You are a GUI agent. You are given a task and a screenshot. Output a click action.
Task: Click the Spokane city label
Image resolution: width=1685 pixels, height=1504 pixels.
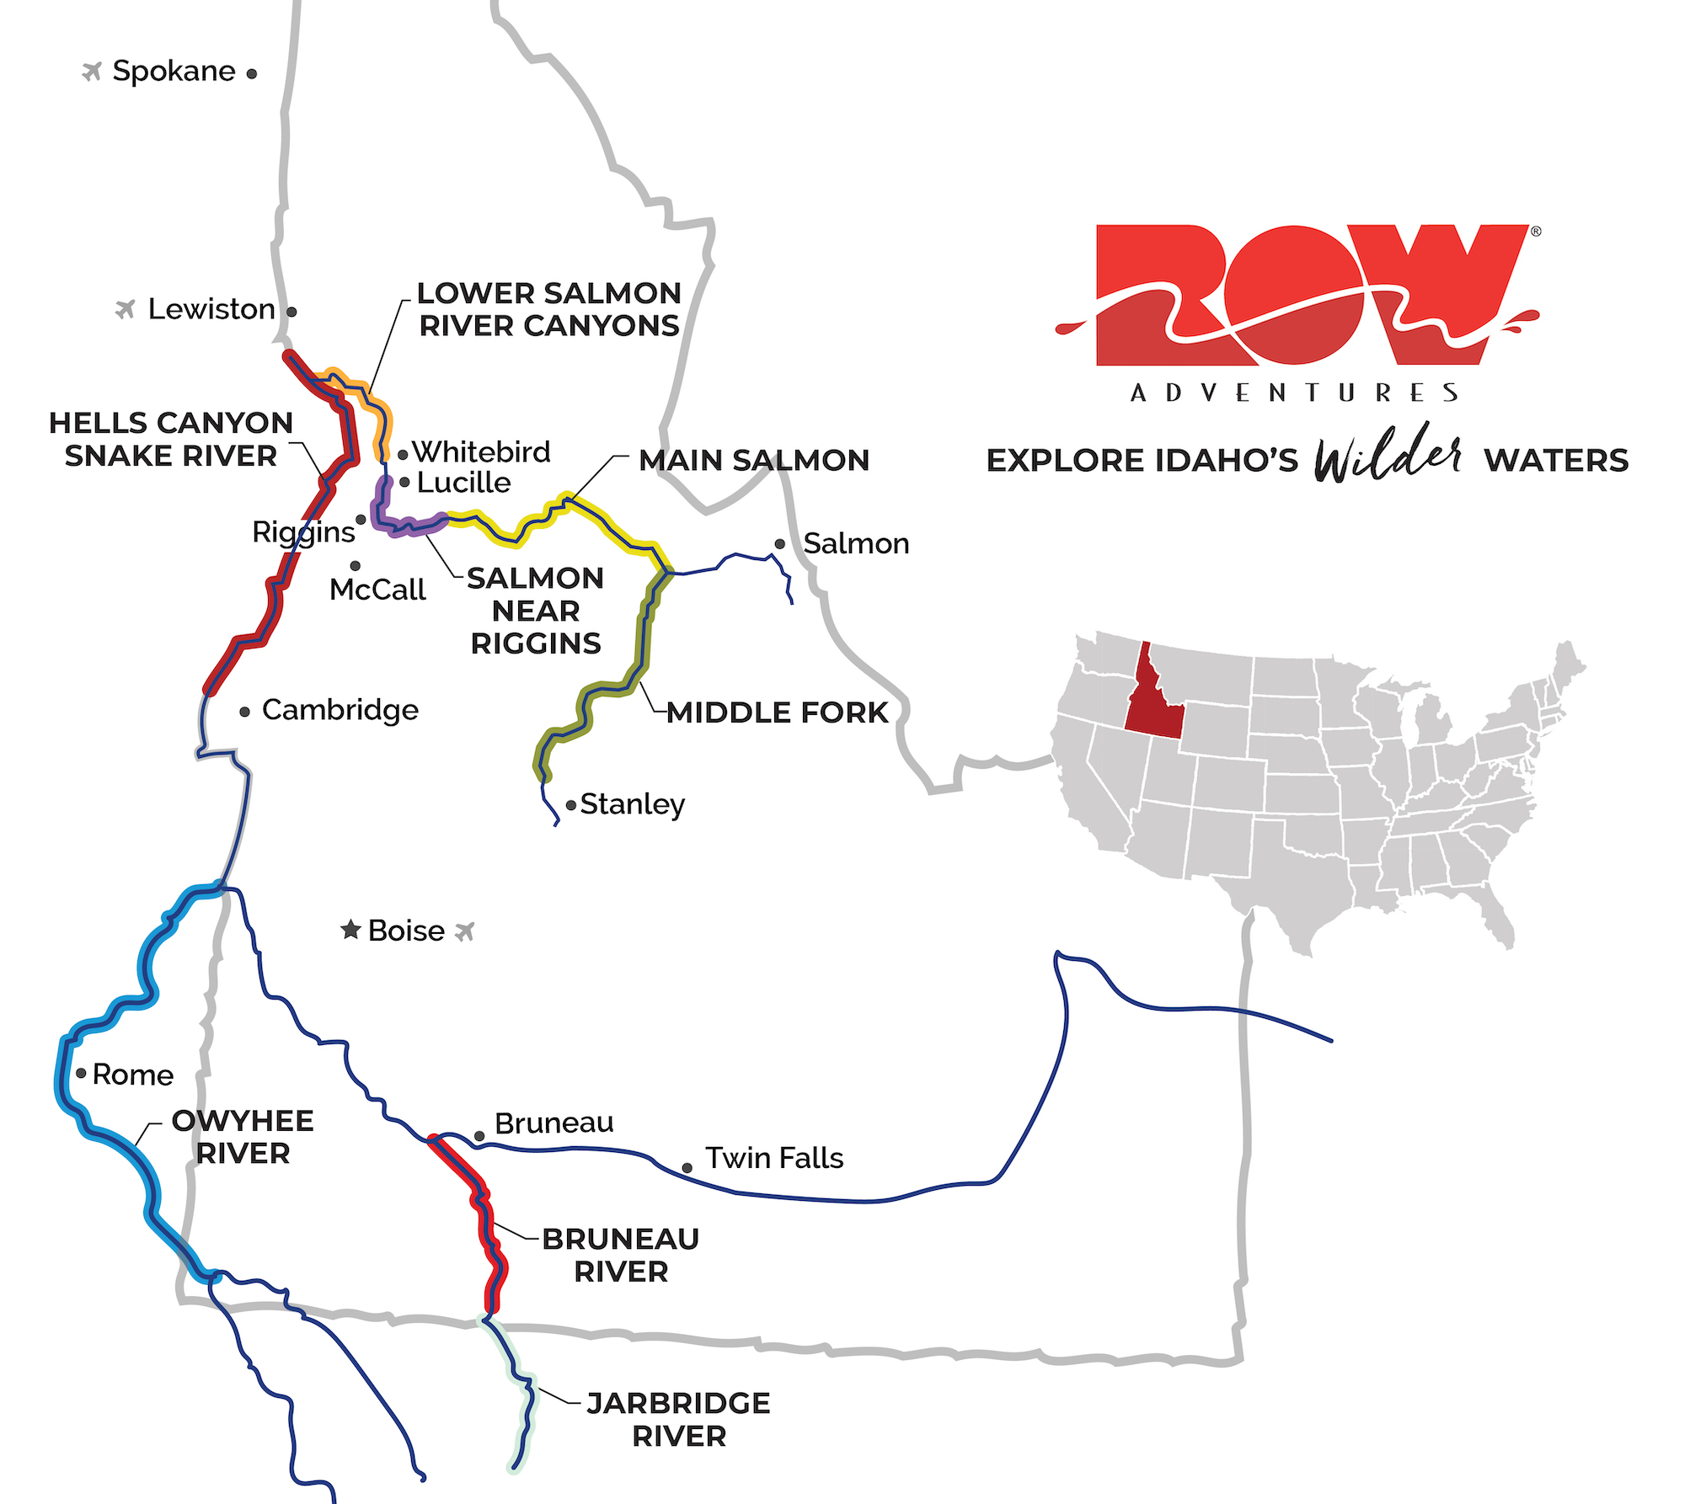point(174,72)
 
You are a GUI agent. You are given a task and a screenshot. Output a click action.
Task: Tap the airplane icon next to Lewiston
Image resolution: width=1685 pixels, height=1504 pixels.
point(126,310)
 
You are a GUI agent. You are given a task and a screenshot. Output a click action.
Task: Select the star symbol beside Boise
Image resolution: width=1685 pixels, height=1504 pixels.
point(350,930)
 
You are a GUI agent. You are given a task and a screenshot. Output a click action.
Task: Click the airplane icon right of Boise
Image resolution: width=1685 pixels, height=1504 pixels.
point(465,931)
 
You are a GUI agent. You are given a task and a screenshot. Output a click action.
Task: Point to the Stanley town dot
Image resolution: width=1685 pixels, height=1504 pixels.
point(571,806)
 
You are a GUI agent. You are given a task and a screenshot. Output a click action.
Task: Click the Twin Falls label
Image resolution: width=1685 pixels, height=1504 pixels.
point(774,1158)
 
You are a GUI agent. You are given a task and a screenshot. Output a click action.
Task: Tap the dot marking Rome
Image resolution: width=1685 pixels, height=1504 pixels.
point(82,1073)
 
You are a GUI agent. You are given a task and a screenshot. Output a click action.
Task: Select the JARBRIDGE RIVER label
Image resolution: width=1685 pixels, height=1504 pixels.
point(679,1419)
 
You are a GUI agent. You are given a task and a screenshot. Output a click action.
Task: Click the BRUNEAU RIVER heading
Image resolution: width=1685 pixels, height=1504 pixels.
point(621,1255)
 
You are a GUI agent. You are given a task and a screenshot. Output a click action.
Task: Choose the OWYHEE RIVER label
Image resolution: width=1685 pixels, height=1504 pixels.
point(243,1137)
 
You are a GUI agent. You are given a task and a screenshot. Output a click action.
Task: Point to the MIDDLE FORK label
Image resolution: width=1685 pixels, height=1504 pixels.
point(777,712)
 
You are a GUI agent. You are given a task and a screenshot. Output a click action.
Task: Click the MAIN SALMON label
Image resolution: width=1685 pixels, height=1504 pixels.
point(754,461)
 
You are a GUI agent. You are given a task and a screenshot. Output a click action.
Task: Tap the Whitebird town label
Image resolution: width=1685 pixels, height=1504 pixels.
point(481,452)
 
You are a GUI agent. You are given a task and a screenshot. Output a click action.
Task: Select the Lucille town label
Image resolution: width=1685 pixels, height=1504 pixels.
point(463,483)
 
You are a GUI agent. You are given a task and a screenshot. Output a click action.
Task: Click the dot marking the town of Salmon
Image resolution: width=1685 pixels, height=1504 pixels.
point(780,544)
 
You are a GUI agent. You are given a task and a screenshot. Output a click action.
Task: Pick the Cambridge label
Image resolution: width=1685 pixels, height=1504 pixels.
point(340,710)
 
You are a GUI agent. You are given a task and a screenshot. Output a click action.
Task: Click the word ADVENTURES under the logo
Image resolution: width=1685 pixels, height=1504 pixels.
point(1295,393)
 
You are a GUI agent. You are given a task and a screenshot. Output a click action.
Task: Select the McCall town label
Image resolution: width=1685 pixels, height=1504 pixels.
point(377,589)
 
